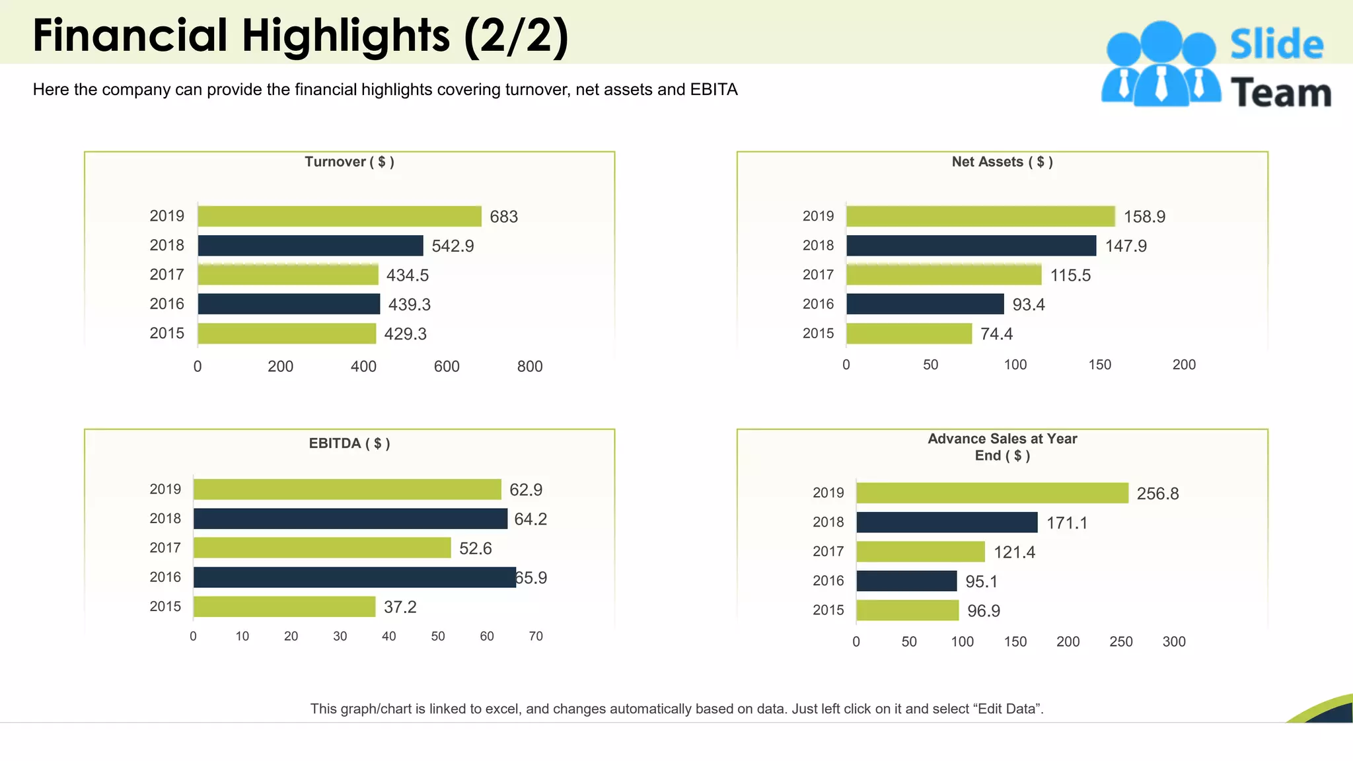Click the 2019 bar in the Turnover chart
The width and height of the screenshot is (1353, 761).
340,216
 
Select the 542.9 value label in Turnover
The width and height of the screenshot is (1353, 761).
453,246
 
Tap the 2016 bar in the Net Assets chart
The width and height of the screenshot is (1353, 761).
925,304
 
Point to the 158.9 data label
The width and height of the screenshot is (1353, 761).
1144,217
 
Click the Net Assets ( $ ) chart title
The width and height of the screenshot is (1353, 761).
1002,162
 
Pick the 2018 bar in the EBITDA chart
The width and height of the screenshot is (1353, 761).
350,519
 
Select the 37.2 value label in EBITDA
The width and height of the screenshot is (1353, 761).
400,607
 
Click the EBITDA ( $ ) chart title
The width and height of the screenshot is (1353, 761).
349,443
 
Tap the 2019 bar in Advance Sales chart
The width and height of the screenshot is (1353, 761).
992,493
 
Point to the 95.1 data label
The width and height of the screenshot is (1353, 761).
981,581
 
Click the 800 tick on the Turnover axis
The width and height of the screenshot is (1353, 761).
529,367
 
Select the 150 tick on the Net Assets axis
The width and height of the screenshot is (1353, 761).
1099,365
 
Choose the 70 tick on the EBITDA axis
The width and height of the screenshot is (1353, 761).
535,636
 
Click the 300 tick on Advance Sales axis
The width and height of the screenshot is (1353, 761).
1173,641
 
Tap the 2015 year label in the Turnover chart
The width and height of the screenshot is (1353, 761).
166,333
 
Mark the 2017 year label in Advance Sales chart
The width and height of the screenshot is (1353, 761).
828,552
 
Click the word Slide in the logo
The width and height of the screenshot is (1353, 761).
1276,44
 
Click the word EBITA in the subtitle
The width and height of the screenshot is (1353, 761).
713,89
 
